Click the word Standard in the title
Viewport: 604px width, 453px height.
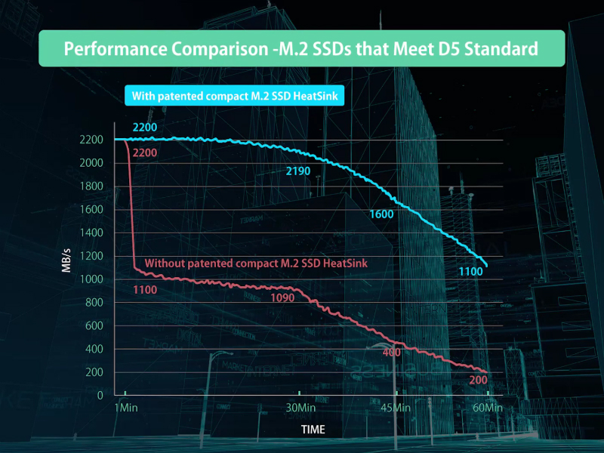495,49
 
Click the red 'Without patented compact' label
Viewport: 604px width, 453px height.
261,263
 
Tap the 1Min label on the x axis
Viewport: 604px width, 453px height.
125,408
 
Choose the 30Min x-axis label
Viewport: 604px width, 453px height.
300,408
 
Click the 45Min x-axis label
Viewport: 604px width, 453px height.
396,408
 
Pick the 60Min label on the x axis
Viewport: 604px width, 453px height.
488,408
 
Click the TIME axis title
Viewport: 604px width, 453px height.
313,430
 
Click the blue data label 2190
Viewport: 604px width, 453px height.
298,172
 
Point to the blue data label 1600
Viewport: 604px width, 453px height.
382,215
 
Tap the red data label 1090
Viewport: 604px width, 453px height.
282,298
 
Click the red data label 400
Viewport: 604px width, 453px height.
392,353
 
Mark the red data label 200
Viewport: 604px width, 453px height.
478,380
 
